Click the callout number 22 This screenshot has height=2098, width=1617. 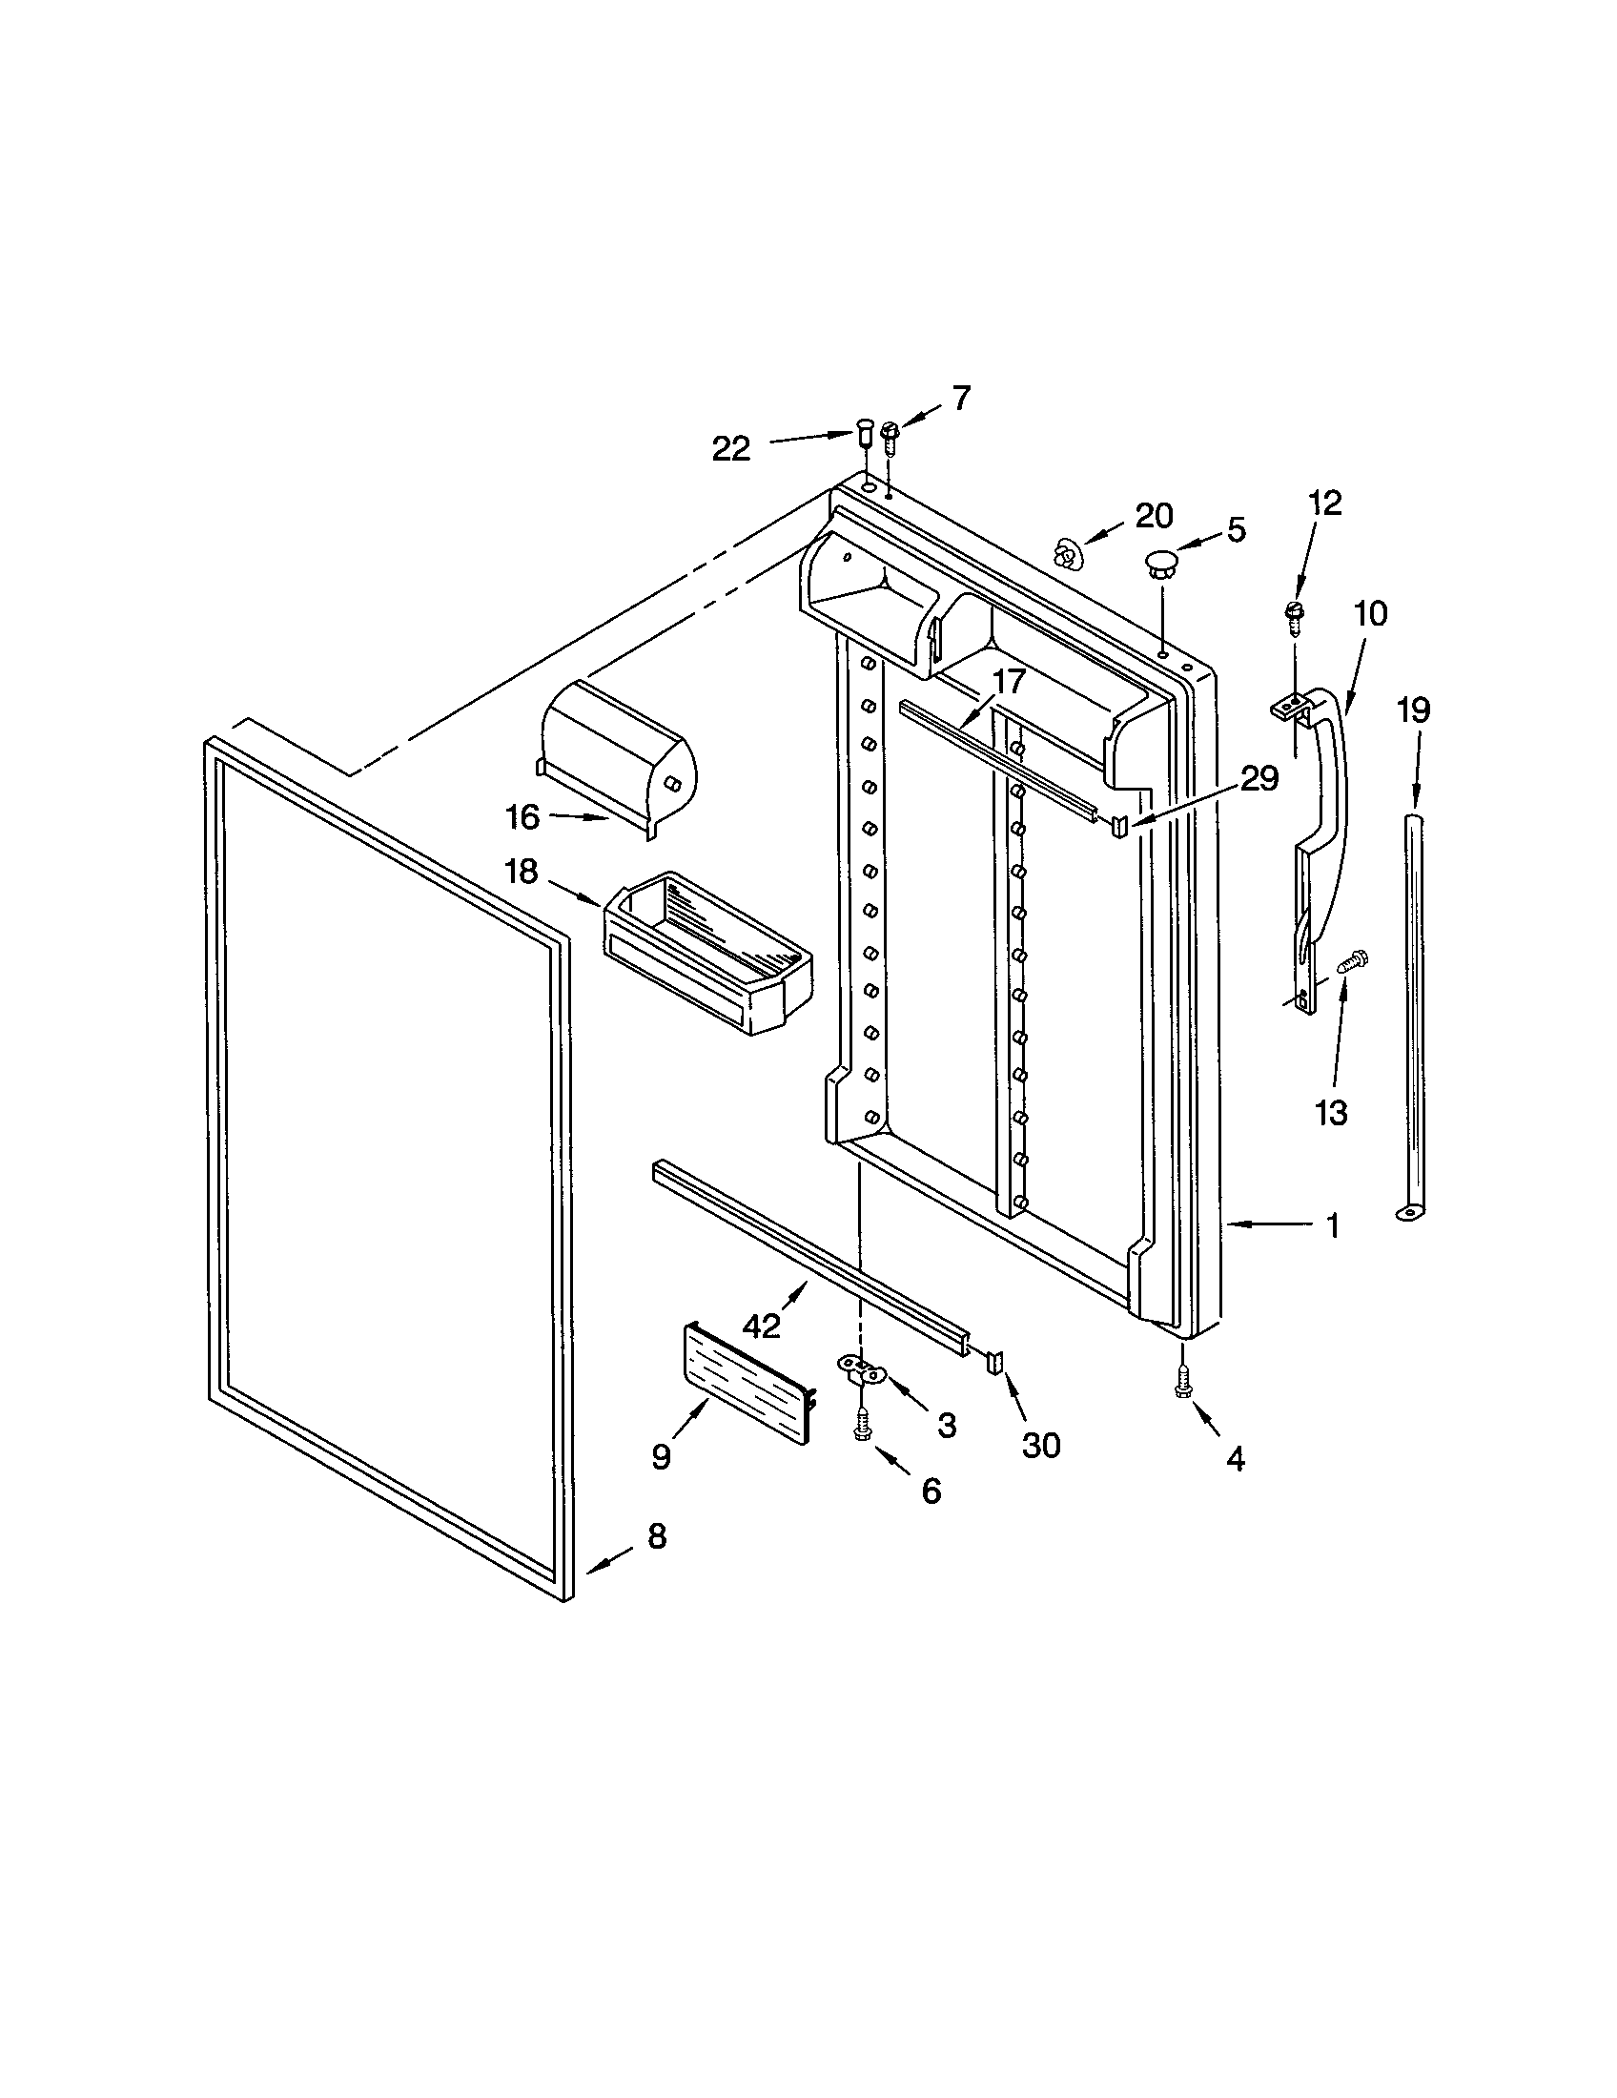tap(730, 448)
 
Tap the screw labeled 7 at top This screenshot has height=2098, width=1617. tap(890, 437)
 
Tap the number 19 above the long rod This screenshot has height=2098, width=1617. tap(1413, 710)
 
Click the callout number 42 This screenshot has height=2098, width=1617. tap(761, 1327)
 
